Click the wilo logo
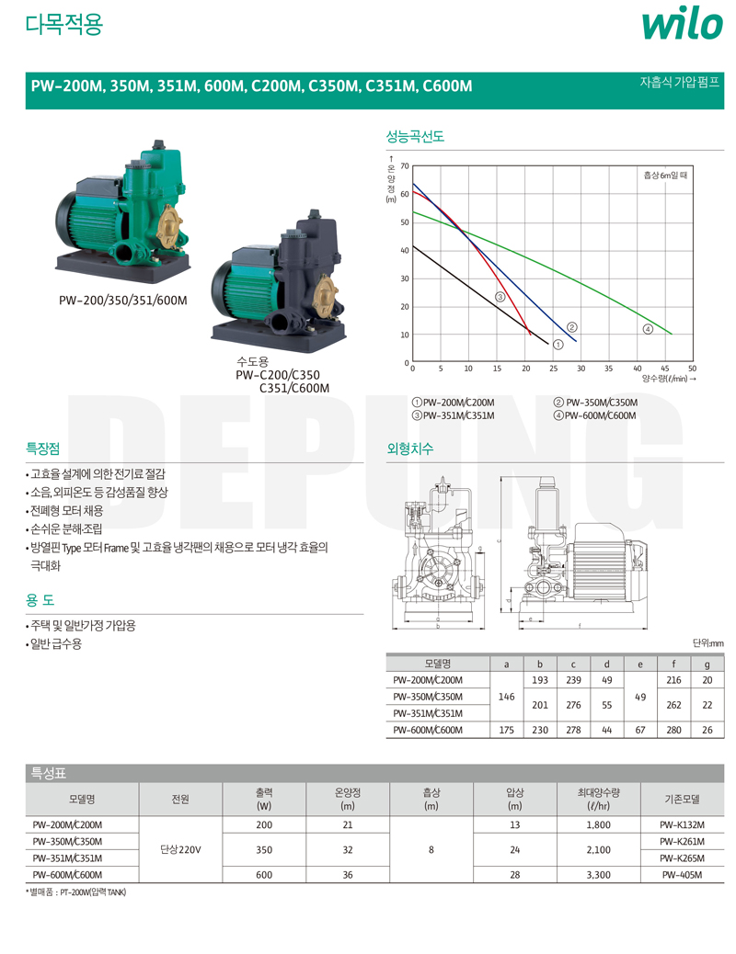pyautogui.click(x=682, y=25)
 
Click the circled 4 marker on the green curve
pyautogui.click(x=648, y=329)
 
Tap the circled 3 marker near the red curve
pyautogui.click(x=500, y=297)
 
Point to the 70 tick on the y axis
pyautogui.click(x=405, y=166)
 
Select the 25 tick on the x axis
pyautogui.click(x=553, y=369)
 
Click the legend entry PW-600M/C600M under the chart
pyautogui.click(x=594, y=416)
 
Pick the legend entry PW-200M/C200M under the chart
pyautogui.click(x=454, y=403)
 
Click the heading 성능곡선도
pyautogui.click(x=415, y=136)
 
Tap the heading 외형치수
pyautogui.click(x=410, y=449)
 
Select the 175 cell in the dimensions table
pyautogui.click(x=506, y=730)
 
